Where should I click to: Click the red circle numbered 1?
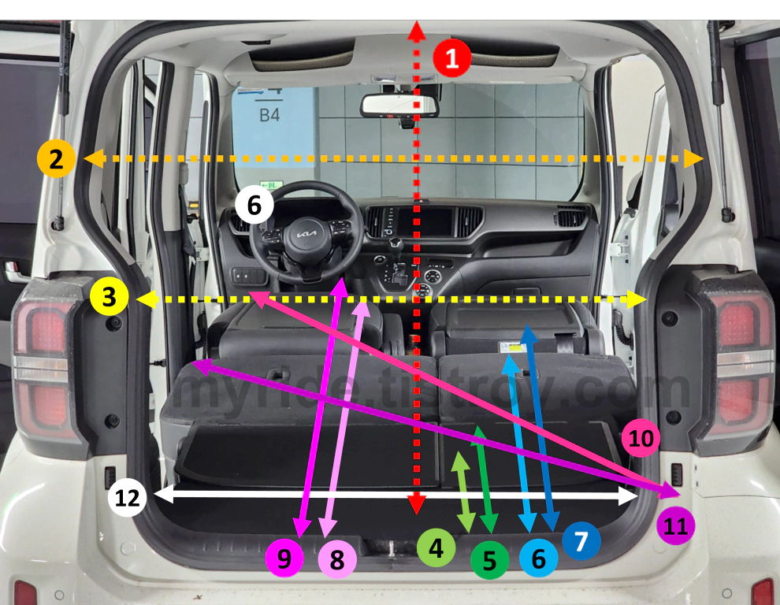[451, 58]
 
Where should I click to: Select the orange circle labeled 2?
[56, 159]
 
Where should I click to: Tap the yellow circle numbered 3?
[109, 298]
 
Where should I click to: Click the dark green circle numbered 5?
[489, 560]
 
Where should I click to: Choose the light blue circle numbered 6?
[539, 559]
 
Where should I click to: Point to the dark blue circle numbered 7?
[581, 540]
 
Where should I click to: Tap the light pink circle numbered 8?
[337, 560]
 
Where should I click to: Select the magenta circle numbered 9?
[284, 558]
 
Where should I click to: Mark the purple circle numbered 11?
[675, 527]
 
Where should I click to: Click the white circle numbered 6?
[254, 206]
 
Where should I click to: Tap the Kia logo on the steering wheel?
[305, 236]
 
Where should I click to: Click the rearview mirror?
[399, 106]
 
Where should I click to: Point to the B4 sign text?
[269, 115]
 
